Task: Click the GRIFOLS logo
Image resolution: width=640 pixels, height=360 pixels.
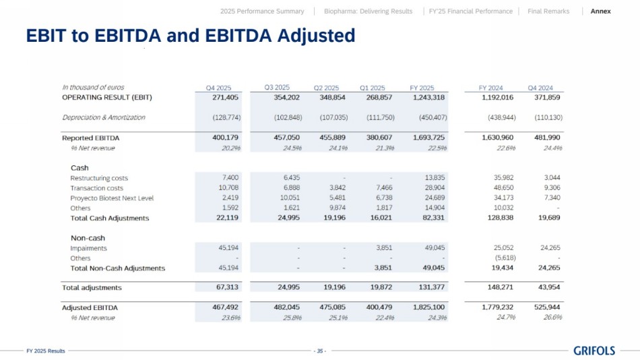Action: pos(594,351)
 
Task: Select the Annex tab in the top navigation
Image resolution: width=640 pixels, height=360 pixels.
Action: pos(601,11)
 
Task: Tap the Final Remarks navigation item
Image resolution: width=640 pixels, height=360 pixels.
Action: pos(548,11)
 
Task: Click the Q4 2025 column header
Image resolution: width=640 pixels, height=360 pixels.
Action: pos(218,88)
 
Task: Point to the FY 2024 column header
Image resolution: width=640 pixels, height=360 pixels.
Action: pos(490,88)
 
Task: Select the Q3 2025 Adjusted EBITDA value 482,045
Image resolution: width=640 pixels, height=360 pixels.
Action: pos(288,307)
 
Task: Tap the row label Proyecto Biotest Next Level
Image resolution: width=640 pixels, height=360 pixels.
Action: pos(113,198)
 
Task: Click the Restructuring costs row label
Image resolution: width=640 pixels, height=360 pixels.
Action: pos(99,178)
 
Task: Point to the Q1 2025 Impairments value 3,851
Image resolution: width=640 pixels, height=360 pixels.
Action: pos(384,248)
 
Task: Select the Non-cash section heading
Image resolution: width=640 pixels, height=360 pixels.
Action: pos(88,238)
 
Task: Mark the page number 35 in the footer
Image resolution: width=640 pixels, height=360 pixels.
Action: pos(320,351)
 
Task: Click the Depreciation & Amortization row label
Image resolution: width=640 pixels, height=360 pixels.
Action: pos(104,117)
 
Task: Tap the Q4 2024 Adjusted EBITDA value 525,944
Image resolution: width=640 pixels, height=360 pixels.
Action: pos(546,307)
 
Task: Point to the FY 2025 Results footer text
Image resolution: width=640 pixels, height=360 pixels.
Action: pos(46,351)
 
